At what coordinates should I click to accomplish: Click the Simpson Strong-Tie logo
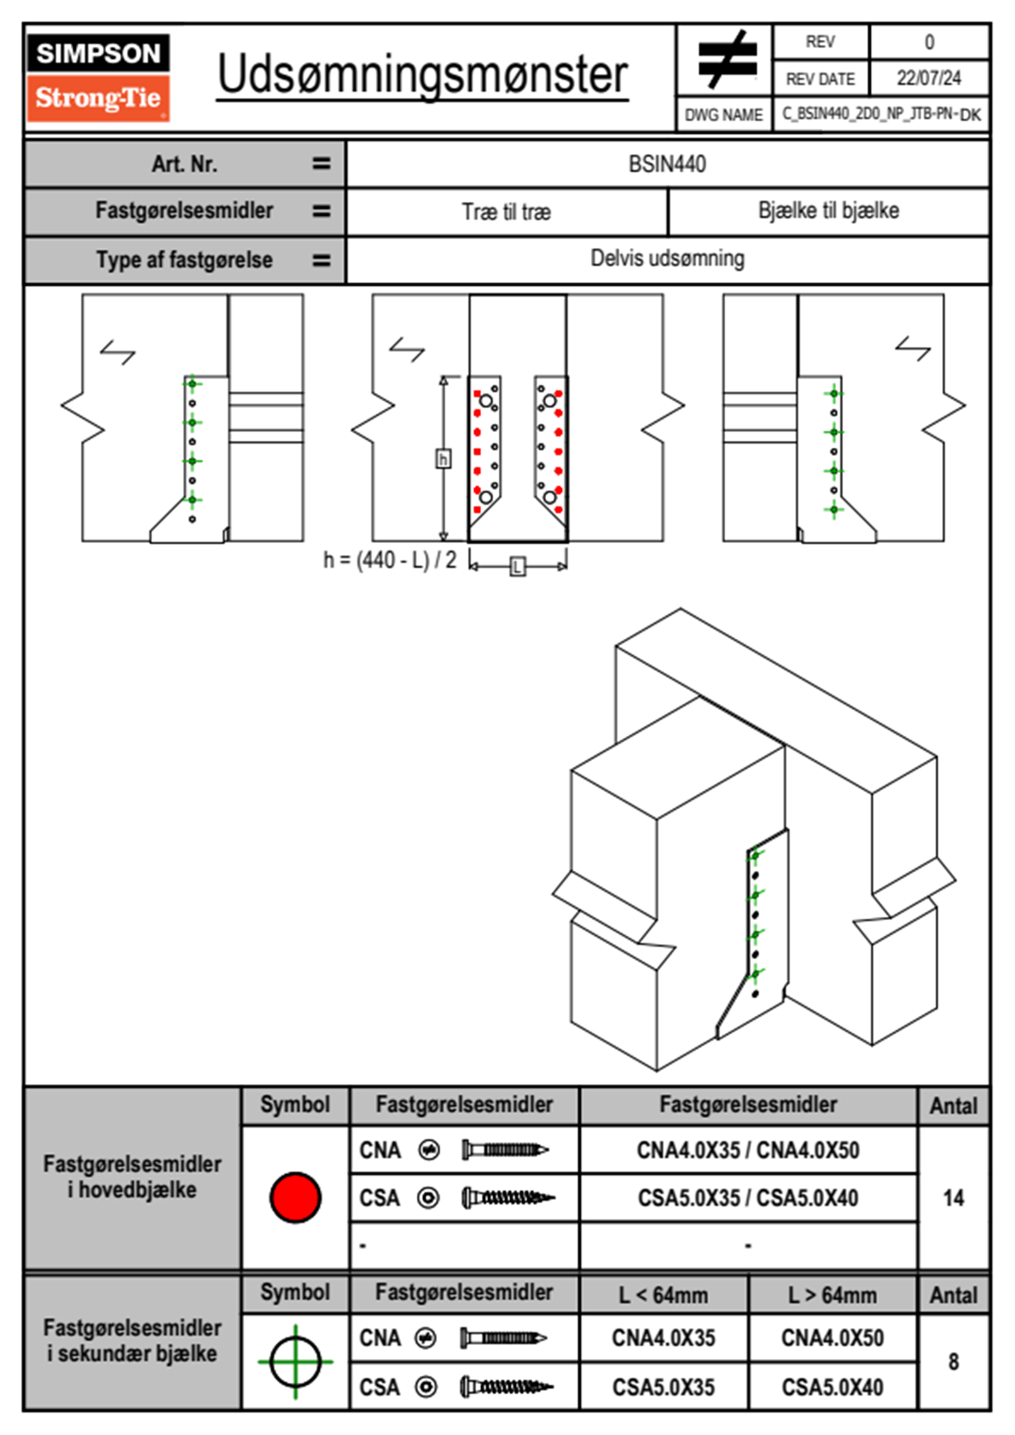coord(98,78)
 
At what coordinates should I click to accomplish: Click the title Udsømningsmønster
coord(422,75)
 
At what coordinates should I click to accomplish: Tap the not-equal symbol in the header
coord(727,60)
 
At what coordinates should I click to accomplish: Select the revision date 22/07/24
coord(928,78)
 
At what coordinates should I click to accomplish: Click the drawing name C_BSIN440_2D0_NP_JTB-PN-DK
coord(881,113)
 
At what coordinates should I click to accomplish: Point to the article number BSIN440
coord(667,164)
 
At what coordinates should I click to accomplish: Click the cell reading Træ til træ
coord(507,212)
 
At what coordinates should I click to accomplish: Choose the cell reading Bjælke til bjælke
coord(828,211)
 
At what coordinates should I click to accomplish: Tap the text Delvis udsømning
coord(667,259)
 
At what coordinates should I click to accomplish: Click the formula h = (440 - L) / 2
coord(390,561)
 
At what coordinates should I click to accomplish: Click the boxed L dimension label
coord(517,566)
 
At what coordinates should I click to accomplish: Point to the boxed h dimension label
coord(443,459)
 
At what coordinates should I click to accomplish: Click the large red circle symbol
coord(295,1197)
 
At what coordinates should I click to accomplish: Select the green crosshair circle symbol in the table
coord(295,1362)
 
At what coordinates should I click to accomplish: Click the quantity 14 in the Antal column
coord(953,1198)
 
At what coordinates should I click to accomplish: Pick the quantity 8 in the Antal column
coord(953,1362)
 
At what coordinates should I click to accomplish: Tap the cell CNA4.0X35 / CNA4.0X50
coord(748,1150)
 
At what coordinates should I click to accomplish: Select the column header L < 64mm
coord(664,1295)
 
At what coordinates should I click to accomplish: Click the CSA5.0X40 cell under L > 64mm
coord(832,1387)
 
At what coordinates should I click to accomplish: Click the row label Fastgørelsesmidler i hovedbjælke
coord(132,1176)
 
